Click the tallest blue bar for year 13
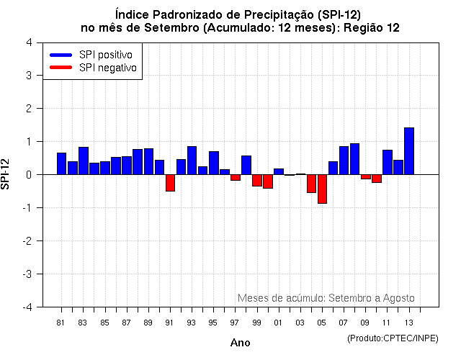(x=409, y=151)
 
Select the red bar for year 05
(x=322, y=189)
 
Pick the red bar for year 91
(x=170, y=182)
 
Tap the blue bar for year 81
(x=61, y=163)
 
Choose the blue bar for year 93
(x=192, y=161)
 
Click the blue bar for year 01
(x=279, y=171)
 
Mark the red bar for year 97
(x=235, y=177)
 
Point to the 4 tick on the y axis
(x=29, y=42)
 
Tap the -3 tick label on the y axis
(x=27, y=274)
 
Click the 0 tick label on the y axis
(x=29, y=174)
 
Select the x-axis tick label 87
(x=126, y=322)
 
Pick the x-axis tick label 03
(x=300, y=322)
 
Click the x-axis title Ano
(x=240, y=343)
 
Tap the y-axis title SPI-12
(x=6, y=174)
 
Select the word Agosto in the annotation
(x=398, y=297)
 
